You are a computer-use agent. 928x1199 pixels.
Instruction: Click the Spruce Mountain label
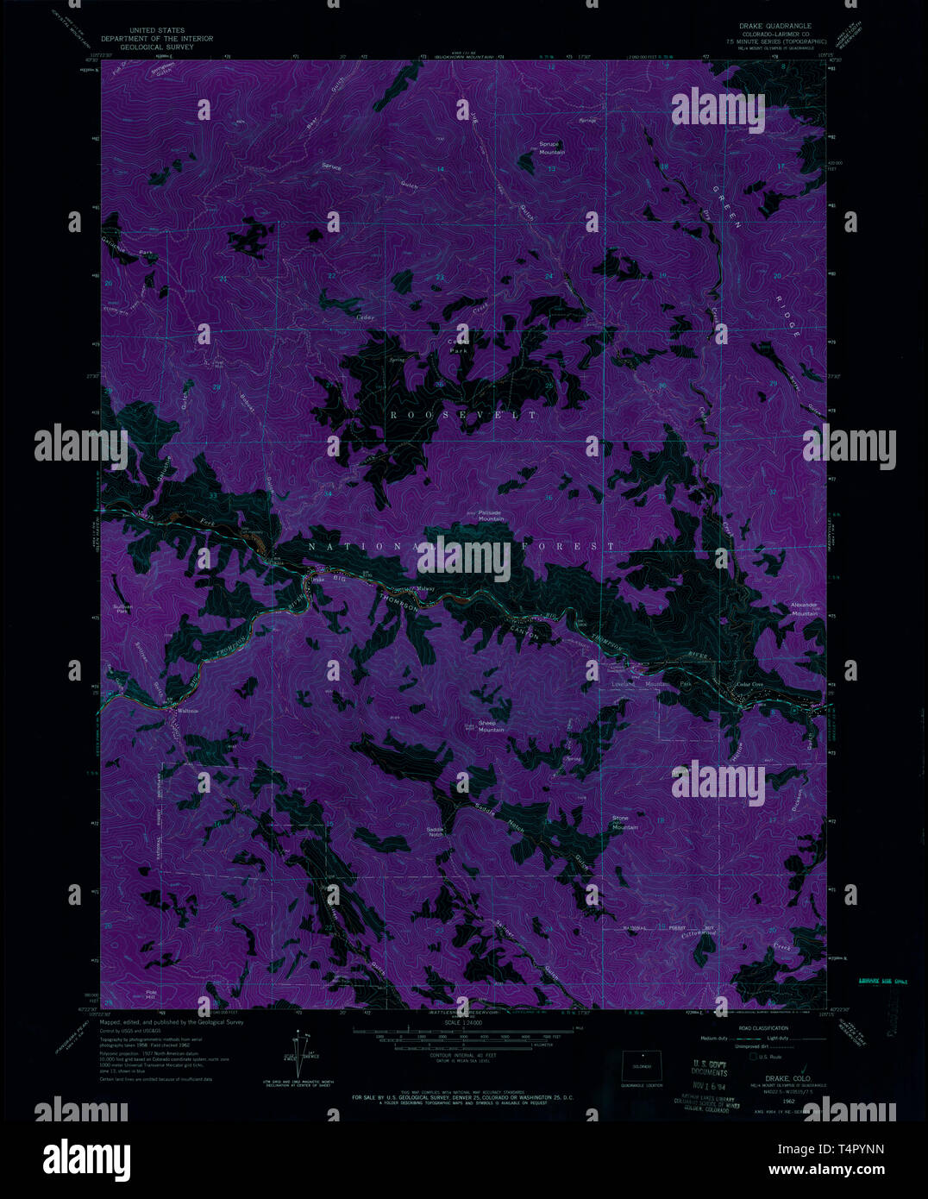(551, 148)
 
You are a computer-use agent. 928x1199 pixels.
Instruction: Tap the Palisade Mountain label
(491, 516)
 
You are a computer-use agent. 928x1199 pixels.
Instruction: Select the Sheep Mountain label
(491, 726)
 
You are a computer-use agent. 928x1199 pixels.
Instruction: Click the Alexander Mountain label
(804, 609)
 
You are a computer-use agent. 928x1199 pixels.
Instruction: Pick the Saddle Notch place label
(436, 832)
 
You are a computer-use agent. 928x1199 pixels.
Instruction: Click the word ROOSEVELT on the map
(464, 415)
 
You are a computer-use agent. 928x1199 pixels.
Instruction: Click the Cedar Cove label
(749, 685)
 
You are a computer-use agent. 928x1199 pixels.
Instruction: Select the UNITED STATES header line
(156, 29)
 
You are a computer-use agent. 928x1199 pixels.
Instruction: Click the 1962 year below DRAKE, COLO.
(788, 1102)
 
